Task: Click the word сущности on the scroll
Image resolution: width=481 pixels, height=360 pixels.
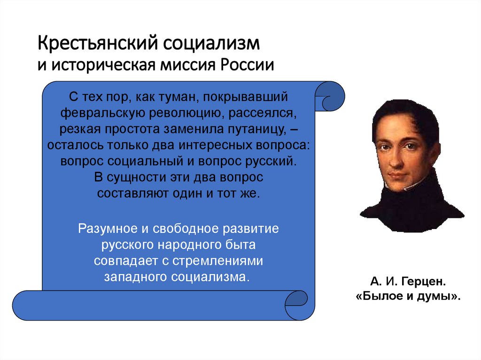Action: coord(129,177)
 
